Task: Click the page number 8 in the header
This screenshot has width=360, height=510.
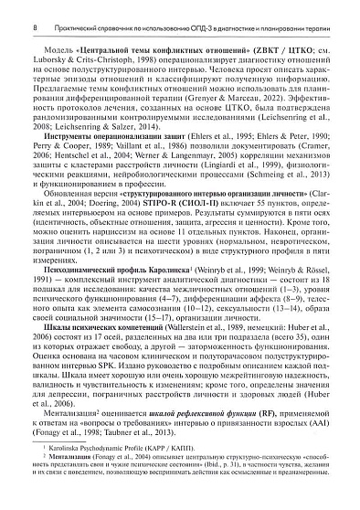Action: [9, 8]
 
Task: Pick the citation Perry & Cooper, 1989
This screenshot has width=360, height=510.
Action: [53, 172]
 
